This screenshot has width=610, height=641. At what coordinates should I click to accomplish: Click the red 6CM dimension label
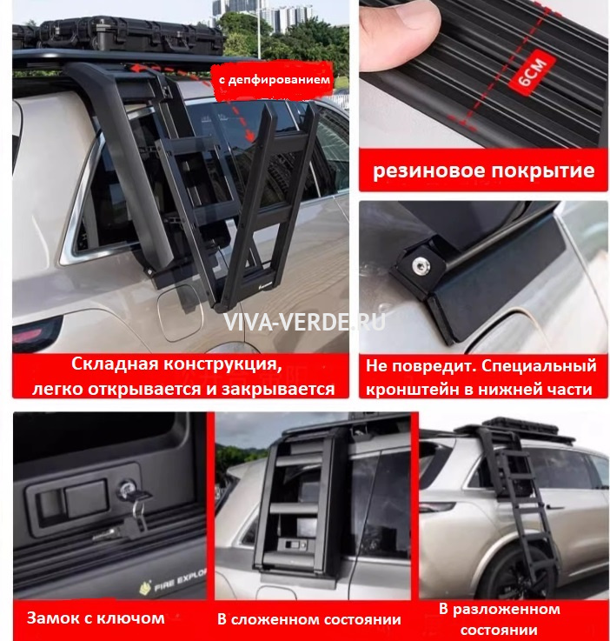pos(532,72)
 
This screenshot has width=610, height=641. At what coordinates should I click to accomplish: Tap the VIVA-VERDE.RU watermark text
pos(304,323)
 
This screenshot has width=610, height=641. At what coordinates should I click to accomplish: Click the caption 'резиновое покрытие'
pos(484,170)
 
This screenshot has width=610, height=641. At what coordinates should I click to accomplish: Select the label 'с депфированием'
pos(275,79)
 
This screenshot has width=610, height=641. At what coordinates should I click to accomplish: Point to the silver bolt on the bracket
pos(420,266)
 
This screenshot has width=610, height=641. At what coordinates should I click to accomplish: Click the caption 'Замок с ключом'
pos(96,618)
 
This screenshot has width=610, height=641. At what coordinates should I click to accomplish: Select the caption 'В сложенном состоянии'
pos(309,619)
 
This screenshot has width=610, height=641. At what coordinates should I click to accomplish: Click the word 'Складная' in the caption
pos(115,364)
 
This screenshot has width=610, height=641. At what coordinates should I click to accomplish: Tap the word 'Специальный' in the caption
pos(539,366)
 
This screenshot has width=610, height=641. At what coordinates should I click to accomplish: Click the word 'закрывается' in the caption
pos(278,389)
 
